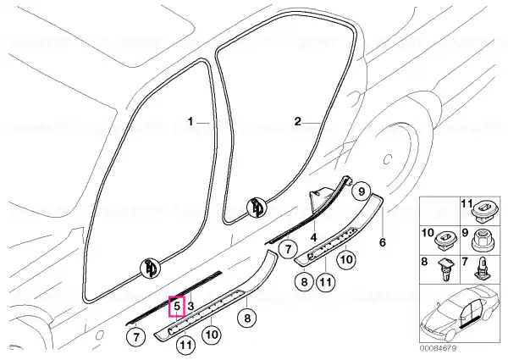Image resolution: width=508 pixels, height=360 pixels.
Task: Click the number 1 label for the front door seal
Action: pos(190,122)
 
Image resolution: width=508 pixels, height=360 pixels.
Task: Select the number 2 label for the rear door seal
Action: pos(298,122)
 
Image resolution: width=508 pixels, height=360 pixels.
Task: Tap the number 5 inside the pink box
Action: pos(177,306)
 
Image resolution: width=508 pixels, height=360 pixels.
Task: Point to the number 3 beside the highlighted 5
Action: pos(190,306)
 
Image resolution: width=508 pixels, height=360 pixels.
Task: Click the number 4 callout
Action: pos(313,237)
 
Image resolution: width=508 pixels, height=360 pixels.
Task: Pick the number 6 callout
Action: pos(383,242)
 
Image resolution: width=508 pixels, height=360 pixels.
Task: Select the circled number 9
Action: pos(361,191)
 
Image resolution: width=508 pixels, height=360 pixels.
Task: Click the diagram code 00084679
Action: pos(438,348)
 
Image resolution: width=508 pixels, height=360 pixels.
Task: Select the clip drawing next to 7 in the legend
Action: pos(482,269)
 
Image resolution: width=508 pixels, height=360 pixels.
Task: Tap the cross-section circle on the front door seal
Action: pos(150,269)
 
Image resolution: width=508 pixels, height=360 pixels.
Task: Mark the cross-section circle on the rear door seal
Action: pos(257,207)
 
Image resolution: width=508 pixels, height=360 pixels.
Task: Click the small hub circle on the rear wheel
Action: pos(388,159)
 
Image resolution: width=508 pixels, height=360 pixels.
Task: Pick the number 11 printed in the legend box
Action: pos(467,204)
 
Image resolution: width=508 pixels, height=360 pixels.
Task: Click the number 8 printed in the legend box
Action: pos(424,262)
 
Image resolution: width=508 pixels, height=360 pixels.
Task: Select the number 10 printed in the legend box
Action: pos(428,233)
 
